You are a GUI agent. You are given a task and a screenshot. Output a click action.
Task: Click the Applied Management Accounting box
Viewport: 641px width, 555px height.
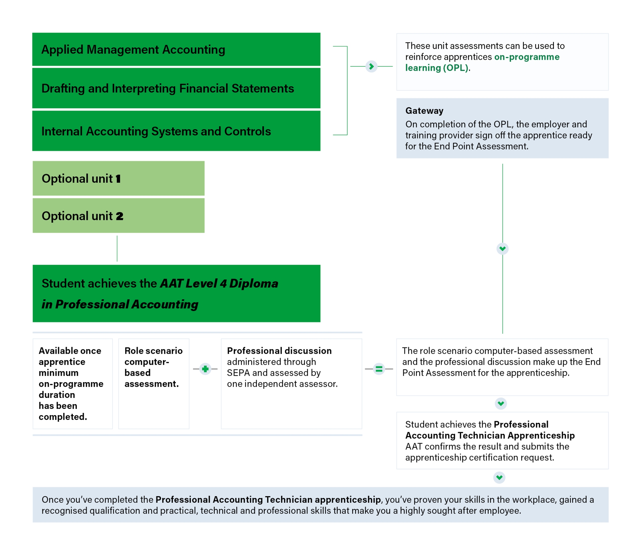(176, 49)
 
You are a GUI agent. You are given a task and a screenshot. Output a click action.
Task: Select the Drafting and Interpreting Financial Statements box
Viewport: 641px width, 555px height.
(176, 88)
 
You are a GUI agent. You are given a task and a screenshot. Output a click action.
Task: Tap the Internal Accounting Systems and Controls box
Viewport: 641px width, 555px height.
(176, 131)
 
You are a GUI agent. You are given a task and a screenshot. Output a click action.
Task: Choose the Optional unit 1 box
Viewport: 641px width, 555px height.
(118, 179)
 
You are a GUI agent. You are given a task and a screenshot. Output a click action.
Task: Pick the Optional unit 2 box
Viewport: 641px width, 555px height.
(118, 216)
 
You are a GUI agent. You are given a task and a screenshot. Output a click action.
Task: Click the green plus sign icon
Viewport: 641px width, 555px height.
(205, 369)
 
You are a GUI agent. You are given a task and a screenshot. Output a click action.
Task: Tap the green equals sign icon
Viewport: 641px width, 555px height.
(379, 369)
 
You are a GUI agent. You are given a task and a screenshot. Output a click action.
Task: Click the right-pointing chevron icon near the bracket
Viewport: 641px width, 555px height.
(371, 66)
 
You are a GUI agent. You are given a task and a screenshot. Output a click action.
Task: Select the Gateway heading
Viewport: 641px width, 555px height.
(424, 111)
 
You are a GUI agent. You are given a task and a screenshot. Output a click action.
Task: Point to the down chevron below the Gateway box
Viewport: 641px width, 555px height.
(502, 249)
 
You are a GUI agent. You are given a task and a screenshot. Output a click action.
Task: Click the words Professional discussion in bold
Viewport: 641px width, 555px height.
(279, 351)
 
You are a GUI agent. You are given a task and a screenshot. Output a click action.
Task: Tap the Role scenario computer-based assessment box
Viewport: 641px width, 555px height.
(154, 383)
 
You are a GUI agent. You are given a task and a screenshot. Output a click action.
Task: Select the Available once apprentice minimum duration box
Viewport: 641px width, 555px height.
(72, 383)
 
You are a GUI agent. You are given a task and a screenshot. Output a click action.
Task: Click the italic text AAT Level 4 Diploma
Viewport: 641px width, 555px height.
(219, 283)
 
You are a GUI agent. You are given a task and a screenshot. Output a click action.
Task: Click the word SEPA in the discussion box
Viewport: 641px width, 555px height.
(238, 373)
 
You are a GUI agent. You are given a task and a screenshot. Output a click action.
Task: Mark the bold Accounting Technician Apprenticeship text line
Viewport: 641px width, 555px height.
(490, 436)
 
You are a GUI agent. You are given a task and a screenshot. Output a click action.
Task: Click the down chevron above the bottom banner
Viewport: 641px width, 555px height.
(499, 477)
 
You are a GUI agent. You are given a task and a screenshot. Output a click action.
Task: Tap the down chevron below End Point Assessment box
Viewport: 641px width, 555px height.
(500, 403)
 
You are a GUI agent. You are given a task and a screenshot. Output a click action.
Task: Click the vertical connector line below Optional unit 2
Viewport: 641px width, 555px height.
(117, 249)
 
